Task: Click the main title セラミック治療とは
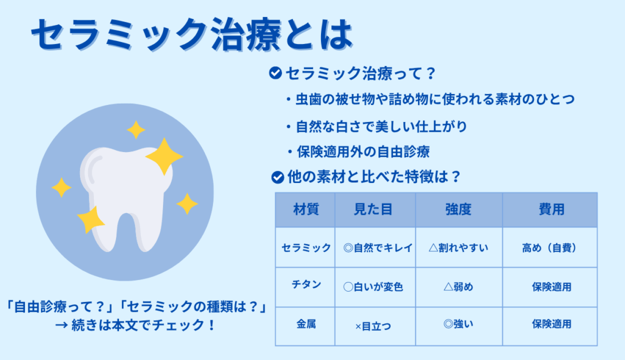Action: coord(192,35)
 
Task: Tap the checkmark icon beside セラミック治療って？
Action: coord(275,73)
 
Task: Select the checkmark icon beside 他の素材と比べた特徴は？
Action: coord(278,177)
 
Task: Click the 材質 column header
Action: coord(306,209)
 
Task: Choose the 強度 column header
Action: coord(458,209)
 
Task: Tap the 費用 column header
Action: coord(551,209)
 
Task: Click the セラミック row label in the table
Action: coord(306,248)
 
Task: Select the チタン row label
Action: coord(306,284)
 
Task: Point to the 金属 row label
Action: coord(306,324)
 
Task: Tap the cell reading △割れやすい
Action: coord(458,248)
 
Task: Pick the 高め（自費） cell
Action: coord(549,248)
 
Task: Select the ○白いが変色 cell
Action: coord(373,287)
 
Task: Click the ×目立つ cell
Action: coord(373,326)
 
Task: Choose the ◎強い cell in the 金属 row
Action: coord(458,324)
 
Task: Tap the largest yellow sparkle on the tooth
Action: coord(164,156)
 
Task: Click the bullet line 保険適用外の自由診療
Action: coord(358,152)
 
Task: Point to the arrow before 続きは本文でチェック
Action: coord(61,325)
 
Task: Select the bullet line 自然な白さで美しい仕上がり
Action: coord(377,127)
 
